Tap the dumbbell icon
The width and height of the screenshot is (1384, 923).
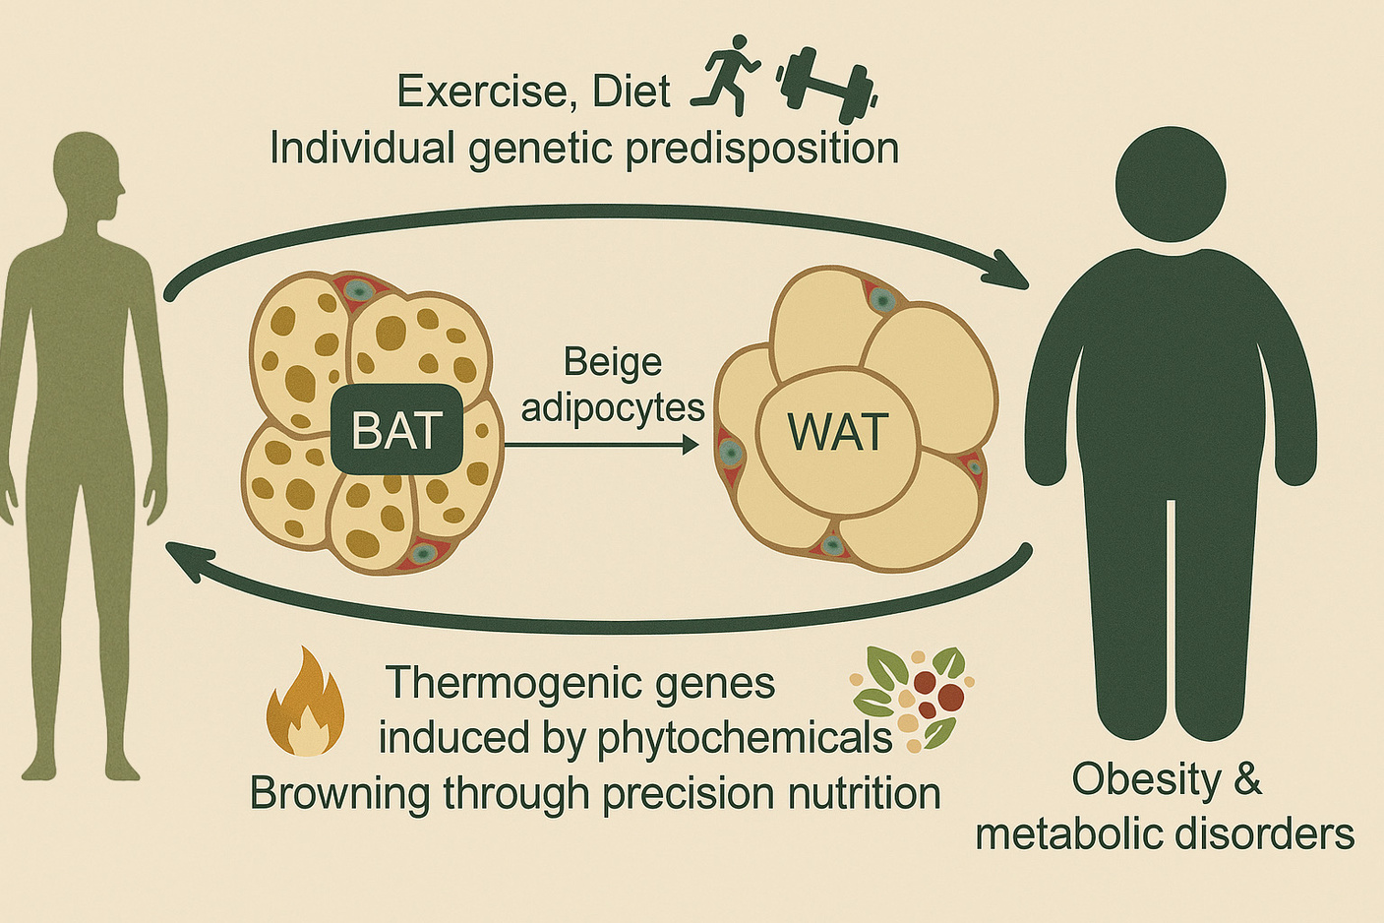tap(826, 78)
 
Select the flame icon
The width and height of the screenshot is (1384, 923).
tap(306, 703)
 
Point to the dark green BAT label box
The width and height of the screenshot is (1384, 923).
tap(396, 430)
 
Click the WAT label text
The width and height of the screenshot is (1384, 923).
tap(838, 431)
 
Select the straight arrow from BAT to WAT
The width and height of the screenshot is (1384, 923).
tap(601, 445)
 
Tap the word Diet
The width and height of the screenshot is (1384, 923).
tap(631, 92)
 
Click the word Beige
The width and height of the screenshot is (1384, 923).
tap(612, 362)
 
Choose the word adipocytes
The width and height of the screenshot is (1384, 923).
tap(612, 406)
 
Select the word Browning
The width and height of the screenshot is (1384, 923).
tap(339, 793)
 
